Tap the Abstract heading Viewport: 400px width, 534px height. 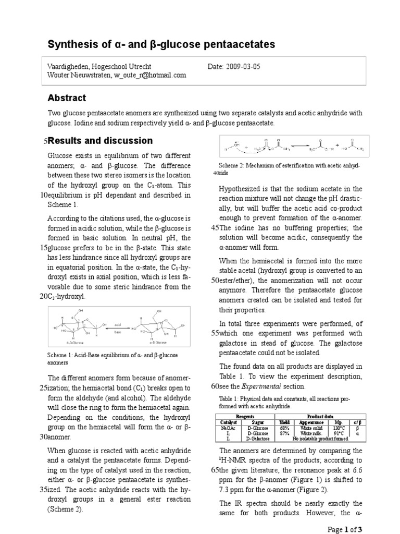pyautogui.click(x=67, y=98)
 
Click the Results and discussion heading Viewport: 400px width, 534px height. pyautogui.click(x=100, y=141)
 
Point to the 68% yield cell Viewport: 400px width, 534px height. pyautogui.click(x=284, y=428)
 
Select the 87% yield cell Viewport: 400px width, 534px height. pyautogui.click(x=284, y=433)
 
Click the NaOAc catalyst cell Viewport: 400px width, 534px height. pyautogui.click(x=228, y=428)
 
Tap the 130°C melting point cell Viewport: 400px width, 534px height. pyautogui.click(x=338, y=428)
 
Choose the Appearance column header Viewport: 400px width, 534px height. pyautogui.click(x=311, y=422)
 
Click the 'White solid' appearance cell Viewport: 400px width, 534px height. pyautogui.click(x=311, y=428)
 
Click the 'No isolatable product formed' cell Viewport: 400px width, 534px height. pyautogui.click(x=311, y=439)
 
